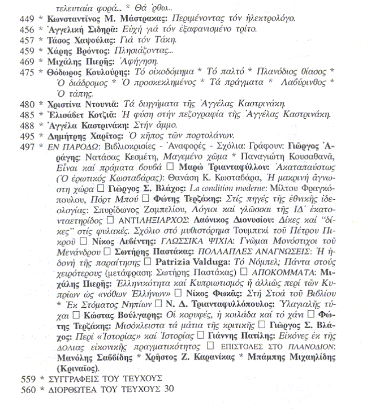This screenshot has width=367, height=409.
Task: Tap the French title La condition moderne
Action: [203, 185]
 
